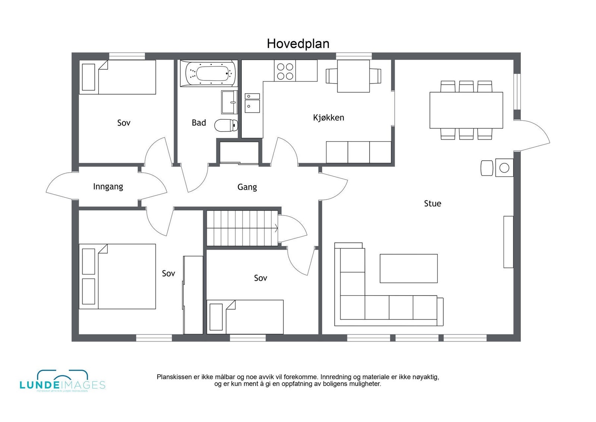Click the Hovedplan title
tap(298, 44)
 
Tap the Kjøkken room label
tap(329, 118)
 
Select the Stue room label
tap(432, 204)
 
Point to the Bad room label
tap(199, 123)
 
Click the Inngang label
tap(108, 186)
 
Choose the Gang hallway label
tap(247, 187)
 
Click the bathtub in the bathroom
tap(209, 73)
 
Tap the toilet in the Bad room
tap(226, 125)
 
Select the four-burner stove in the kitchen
tap(285, 71)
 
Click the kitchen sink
tap(252, 103)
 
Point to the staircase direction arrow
tap(276, 228)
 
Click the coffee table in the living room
tap(409, 268)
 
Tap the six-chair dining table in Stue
tap(466, 110)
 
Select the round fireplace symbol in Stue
tap(504, 168)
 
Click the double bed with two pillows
tap(117, 276)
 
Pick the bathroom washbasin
tap(229, 102)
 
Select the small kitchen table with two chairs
tap(353, 76)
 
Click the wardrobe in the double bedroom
tap(193, 295)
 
